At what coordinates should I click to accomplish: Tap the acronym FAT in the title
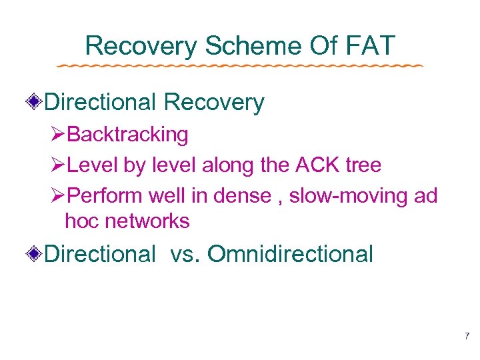tap(371, 46)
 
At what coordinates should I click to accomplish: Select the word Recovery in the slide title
tap(141, 46)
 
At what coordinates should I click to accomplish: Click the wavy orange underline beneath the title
tap(240, 67)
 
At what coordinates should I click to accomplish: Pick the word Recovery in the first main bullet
tap(214, 103)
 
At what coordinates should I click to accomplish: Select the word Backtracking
tap(128, 135)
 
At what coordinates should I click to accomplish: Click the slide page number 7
tap(467, 336)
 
